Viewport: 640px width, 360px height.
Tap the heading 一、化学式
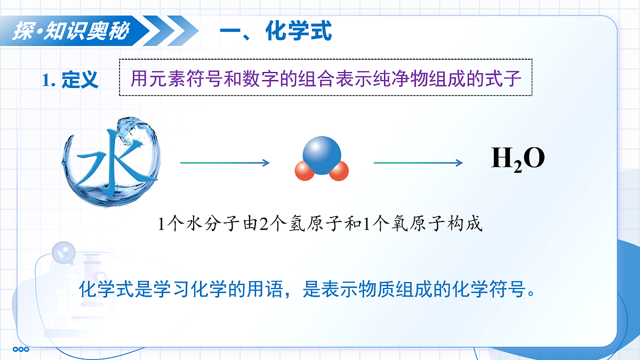[x=276, y=31]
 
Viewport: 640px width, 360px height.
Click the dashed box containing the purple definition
[x=325, y=77]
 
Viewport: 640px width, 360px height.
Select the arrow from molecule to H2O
[x=418, y=163]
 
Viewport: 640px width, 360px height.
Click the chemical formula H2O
[x=518, y=159]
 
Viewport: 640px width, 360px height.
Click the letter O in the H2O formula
[x=533, y=158]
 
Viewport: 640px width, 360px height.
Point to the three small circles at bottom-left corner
[x=21, y=350]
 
